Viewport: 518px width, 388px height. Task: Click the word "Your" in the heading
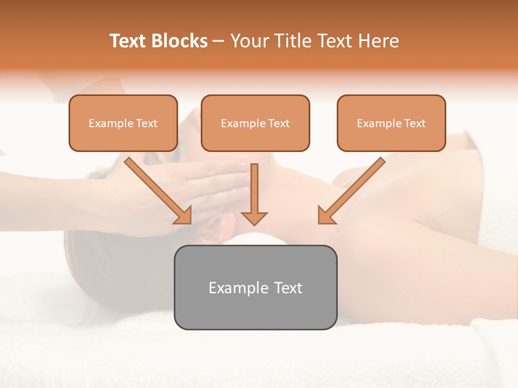point(249,41)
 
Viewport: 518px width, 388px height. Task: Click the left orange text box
point(123,123)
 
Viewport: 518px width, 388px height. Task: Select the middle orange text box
point(255,123)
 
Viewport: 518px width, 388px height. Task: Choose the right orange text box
point(391,123)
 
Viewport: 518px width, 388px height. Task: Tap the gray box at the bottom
point(255,287)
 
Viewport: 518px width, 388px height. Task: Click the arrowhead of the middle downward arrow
point(255,218)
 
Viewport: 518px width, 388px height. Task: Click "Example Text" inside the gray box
point(255,288)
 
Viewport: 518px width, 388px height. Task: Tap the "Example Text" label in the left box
point(123,123)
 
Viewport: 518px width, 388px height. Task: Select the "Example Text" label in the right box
point(391,123)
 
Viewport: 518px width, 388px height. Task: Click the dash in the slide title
point(219,41)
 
